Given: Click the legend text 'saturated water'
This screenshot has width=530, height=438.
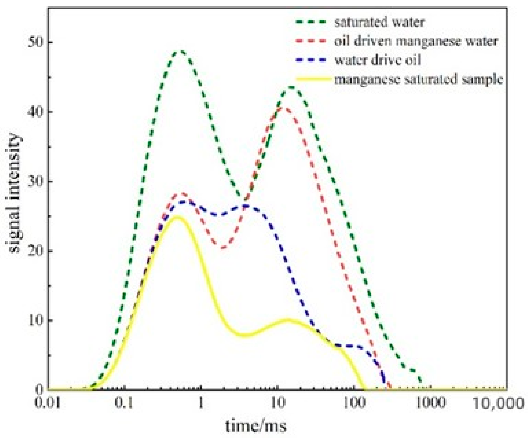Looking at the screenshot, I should coord(380,22).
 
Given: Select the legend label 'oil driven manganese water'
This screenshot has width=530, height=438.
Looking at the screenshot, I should coord(416,41).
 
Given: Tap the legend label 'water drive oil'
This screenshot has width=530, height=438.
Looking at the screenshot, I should coord(377,60).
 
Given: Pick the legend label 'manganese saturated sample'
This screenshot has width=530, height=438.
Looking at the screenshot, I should coord(419,79).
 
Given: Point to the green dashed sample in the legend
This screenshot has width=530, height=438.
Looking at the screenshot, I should coord(313,22).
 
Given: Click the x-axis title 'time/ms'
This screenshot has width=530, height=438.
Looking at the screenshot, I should coord(255,426).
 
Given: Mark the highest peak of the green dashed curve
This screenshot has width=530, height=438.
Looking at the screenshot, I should coord(181,51).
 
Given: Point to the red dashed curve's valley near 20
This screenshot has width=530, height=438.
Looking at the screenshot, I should coord(223,248).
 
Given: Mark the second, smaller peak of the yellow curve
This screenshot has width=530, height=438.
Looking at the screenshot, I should coord(288,320).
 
